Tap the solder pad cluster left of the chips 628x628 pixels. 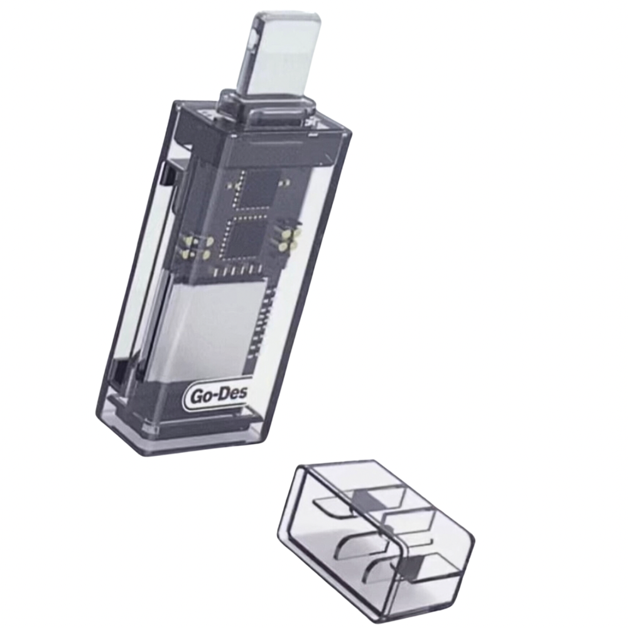pyautogui.click(x=195, y=246)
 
